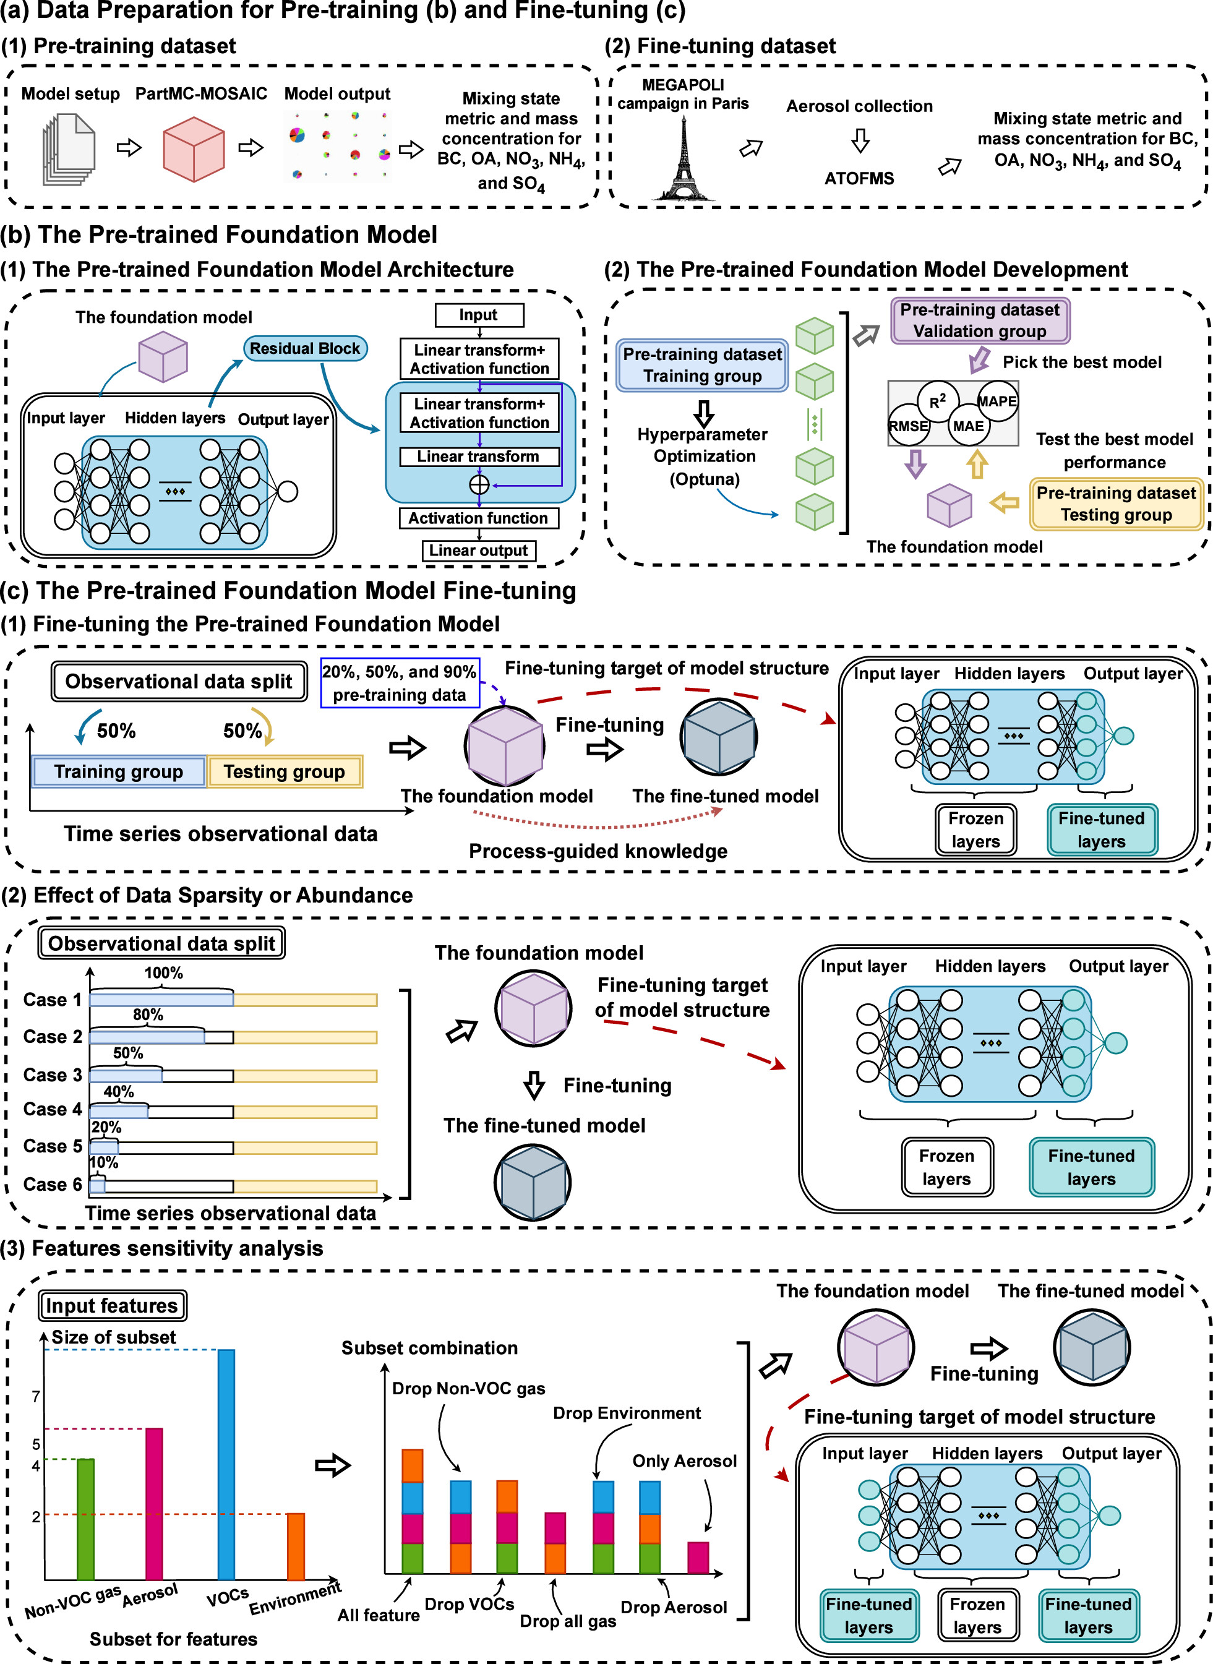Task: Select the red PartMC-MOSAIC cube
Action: (x=193, y=149)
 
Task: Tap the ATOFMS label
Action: (x=859, y=178)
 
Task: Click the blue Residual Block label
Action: (x=305, y=348)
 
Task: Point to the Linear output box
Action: (x=479, y=550)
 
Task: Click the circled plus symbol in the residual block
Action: (x=479, y=484)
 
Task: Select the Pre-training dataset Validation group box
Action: (x=980, y=320)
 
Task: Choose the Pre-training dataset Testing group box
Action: (x=1115, y=504)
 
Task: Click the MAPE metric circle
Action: (x=997, y=401)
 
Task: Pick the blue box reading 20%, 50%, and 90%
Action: (x=400, y=683)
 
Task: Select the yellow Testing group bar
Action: (x=284, y=771)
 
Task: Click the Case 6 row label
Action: (x=52, y=1185)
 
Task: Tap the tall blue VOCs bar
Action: (x=226, y=1464)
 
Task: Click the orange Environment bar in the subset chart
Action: (x=295, y=1546)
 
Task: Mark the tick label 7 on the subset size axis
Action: (x=36, y=1397)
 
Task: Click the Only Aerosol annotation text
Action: (x=684, y=1460)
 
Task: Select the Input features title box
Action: (x=111, y=1305)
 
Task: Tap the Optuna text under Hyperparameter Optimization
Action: (x=704, y=479)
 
